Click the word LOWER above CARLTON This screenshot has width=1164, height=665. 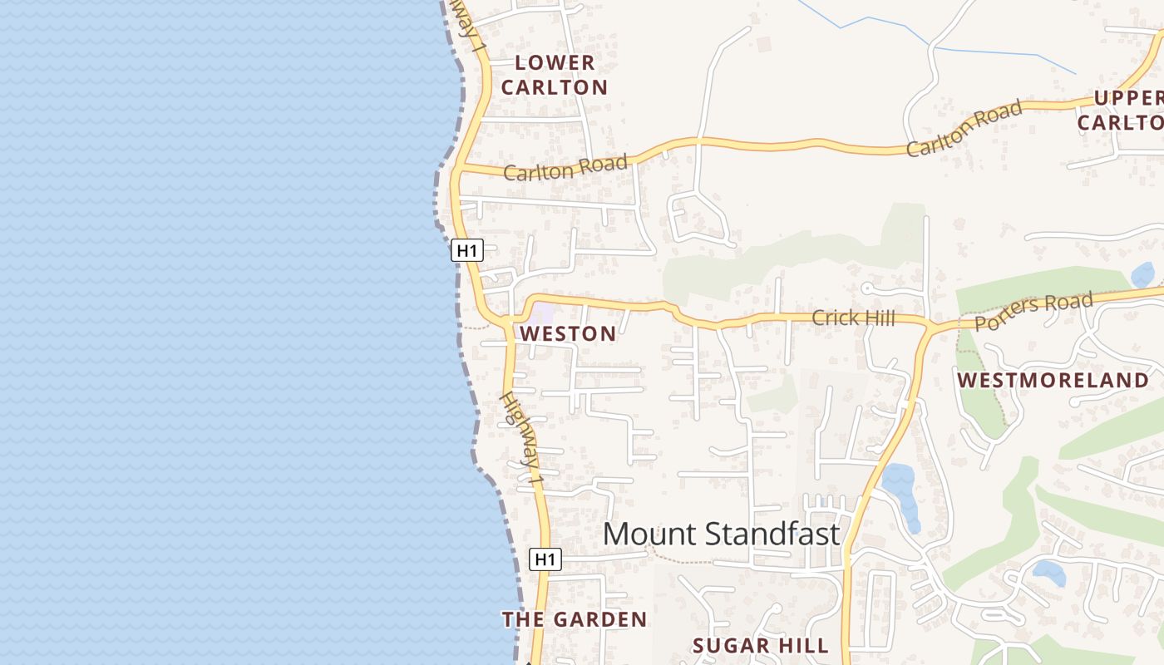(x=555, y=62)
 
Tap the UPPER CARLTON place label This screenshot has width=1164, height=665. (x=1122, y=110)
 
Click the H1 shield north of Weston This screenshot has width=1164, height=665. (x=467, y=250)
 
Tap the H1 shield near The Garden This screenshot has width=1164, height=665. (x=545, y=559)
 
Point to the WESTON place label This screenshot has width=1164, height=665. (x=568, y=334)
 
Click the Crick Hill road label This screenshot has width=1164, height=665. (x=852, y=318)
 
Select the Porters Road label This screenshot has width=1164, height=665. (x=1033, y=311)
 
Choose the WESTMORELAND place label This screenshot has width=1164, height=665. (x=1053, y=381)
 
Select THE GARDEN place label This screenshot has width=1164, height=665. (x=574, y=619)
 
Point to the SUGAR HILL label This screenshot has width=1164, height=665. (x=761, y=646)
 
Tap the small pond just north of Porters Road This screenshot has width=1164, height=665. (x=1143, y=275)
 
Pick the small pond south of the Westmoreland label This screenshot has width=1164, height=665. (x=1048, y=572)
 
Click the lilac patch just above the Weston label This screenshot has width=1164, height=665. (x=542, y=314)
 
